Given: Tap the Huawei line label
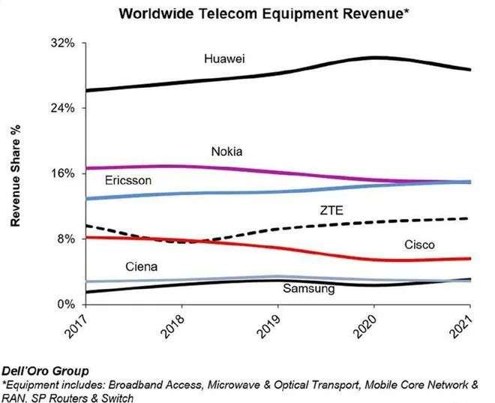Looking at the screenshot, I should pos(226,58).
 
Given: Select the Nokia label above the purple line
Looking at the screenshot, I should pos(226,151).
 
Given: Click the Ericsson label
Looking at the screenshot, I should pos(128,181).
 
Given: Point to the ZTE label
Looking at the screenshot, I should pos(331,211).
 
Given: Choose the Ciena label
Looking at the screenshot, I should pos(142,266).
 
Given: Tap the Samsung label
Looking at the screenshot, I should pos(308,288).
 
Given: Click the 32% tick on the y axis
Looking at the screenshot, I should pos(62,44).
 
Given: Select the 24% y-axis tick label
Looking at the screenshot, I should pos(62,108).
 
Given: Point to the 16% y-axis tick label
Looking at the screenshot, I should pos(62,173).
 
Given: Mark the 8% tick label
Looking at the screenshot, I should pos(65,239).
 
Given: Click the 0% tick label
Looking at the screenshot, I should pos(65,304).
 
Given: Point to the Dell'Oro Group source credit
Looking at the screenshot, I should pos(45,371).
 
